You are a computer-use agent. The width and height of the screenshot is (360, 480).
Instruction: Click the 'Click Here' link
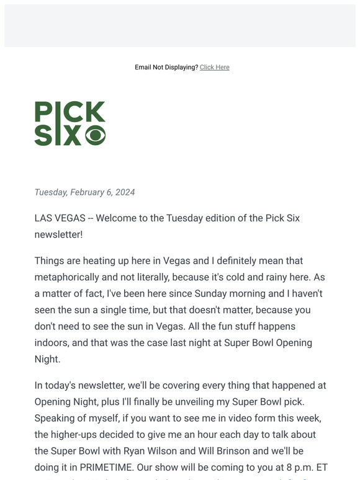(214, 67)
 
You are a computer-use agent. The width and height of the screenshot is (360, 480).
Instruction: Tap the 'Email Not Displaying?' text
(166, 67)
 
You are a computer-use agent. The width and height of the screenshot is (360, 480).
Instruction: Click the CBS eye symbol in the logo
(95, 135)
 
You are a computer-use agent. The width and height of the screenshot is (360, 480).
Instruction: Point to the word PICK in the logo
(70, 112)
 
